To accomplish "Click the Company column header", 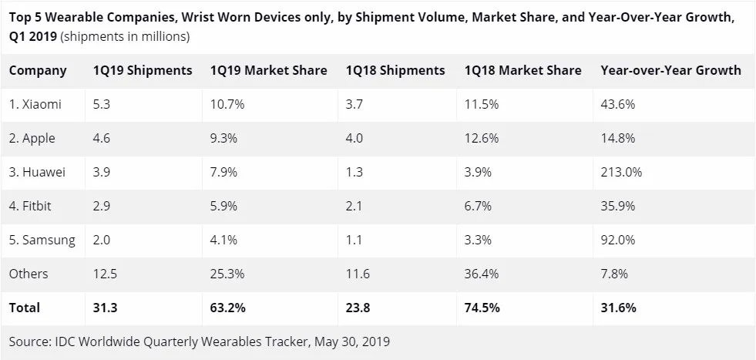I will pyautogui.click(x=38, y=70).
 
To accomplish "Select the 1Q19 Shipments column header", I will pyautogui.click(x=142, y=70).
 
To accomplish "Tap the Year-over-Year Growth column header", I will pyautogui.click(x=670, y=70).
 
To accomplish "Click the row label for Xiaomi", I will pyautogui.click(x=35, y=104).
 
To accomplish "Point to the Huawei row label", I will pyautogui.click(x=37, y=172).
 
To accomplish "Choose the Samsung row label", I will pyautogui.click(x=42, y=240).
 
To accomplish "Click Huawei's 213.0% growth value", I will pyautogui.click(x=621, y=172).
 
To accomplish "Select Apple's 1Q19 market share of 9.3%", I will pyautogui.click(x=224, y=138).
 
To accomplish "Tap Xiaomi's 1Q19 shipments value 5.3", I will pyautogui.click(x=101, y=104).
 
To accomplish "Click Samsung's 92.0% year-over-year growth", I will pyautogui.click(x=618, y=240).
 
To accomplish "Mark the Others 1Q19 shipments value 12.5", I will pyautogui.click(x=105, y=274).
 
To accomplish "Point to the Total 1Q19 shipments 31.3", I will pyautogui.click(x=105, y=308).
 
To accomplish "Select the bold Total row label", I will pyautogui.click(x=25, y=308).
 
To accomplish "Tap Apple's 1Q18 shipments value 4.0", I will pyautogui.click(x=354, y=138).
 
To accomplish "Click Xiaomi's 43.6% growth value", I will pyautogui.click(x=618, y=104).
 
